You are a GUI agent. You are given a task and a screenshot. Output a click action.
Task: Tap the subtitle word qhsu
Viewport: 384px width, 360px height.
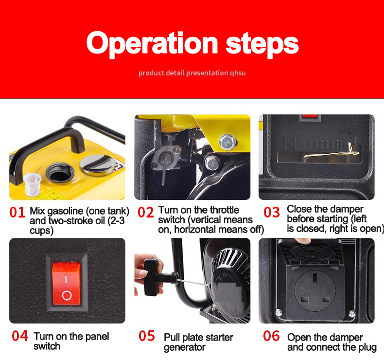coord(238,73)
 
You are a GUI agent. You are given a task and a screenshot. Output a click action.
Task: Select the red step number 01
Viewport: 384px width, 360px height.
coord(17,212)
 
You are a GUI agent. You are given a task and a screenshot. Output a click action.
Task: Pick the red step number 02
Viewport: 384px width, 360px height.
coord(146,212)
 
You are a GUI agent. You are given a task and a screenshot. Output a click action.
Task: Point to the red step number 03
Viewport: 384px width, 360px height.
coord(272,212)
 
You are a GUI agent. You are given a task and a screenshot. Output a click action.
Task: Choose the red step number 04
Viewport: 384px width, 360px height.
coord(20,336)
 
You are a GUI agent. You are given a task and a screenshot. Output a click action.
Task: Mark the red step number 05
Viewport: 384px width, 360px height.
coord(147,336)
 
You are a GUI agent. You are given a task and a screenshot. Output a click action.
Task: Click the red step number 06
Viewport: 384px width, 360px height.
coord(271,336)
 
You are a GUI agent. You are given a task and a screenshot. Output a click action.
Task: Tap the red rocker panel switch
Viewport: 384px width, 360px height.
coord(67,283)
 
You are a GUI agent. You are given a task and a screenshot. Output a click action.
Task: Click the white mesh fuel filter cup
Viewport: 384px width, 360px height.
coord(33,184)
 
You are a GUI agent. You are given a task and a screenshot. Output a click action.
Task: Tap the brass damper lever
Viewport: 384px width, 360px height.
coord(331,154)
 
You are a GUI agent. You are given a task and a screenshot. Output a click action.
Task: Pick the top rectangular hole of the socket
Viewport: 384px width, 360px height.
coord(315,278)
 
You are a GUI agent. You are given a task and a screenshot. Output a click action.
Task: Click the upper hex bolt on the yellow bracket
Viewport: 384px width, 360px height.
coord(228,142)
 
